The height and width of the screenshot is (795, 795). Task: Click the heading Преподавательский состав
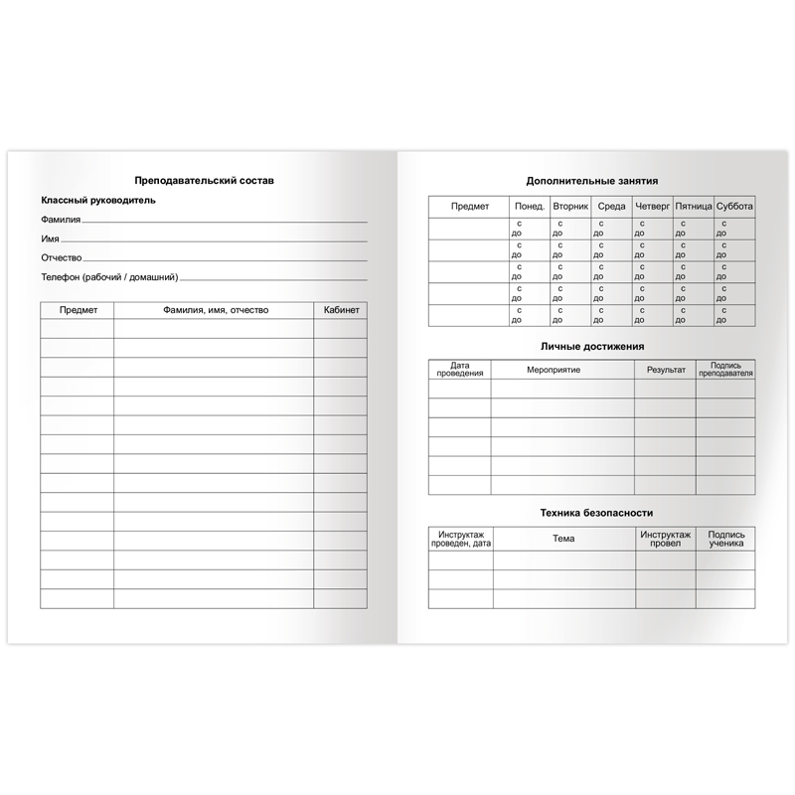click(x=204, y=180)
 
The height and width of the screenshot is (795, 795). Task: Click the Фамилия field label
click(x=61, y=220)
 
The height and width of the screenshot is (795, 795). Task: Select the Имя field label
click(x=50, y=239)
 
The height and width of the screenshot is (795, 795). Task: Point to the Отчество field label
click(x=62, y=258)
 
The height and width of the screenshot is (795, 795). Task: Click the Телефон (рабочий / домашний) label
click(x=109, y=277)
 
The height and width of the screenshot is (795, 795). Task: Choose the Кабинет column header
click(x=341, y=310)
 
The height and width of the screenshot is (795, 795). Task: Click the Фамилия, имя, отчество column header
click(x=214, y=310)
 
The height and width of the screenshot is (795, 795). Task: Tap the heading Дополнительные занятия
click(x=591, y=181)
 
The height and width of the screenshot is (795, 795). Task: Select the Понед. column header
click(x=528, y=207)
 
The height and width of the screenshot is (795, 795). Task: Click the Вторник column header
click(x=570, y=207)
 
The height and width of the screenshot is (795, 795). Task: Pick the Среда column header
click(x=611, y=207)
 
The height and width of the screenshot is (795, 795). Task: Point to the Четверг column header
click(x=652, y=207)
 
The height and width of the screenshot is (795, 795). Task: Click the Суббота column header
click(x=734, y=207)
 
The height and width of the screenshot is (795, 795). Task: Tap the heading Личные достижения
click(x=591, y=347)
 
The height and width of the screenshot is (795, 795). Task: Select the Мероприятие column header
click(x=561, y=370)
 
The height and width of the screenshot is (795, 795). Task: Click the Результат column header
click(x=665, y=370)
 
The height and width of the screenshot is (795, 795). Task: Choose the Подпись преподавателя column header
click(x=725, y=370)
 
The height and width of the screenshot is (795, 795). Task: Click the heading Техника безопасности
click(x=591, y=513)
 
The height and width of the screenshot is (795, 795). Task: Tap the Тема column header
click(x=561, y=538)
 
